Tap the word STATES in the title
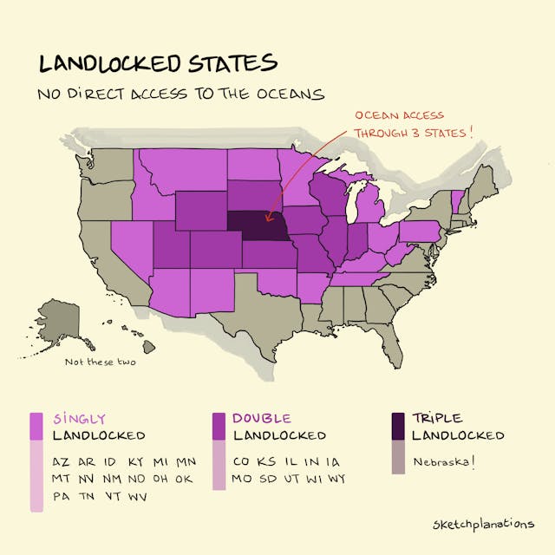228,63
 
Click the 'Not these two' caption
101,362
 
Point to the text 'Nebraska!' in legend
443,461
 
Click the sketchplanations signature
482,524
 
